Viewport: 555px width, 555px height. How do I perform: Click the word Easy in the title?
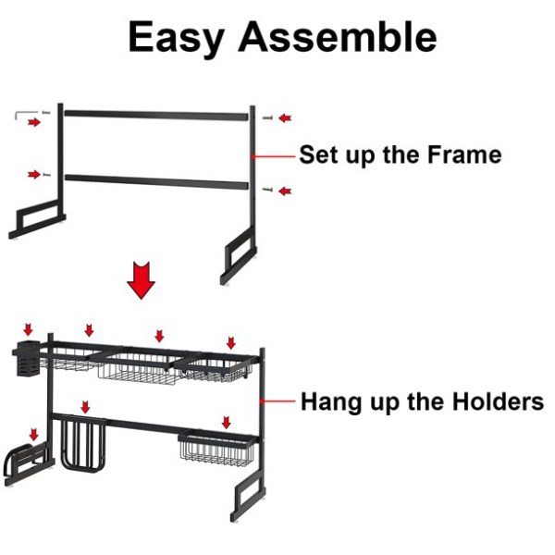click(177, 38)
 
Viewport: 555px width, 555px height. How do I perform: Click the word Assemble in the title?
click(338, 37)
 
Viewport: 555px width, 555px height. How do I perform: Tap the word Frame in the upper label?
click(464, 154)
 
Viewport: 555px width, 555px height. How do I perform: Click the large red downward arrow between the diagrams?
click(141, 280)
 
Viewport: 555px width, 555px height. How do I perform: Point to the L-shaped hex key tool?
click(26, 114)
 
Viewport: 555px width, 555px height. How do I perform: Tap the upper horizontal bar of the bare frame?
click(156, 116)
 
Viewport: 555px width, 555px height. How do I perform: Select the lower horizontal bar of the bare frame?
click(156, 180)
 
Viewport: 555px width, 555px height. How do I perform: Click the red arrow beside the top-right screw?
click(285, 117)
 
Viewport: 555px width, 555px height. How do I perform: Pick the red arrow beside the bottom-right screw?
click(285, 191)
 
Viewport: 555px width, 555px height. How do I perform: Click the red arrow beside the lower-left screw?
click(34, 174)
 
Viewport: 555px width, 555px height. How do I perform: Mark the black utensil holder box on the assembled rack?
click(26, 358)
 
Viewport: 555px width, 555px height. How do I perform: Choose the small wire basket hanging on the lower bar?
click(216, 449)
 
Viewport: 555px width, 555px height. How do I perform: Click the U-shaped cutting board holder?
click(83, 443)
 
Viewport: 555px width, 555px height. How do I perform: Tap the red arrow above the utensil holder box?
click(28, 329)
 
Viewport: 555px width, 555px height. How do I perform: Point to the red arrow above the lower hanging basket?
click(227, 423)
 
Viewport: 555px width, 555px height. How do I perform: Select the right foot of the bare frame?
click(238, 258)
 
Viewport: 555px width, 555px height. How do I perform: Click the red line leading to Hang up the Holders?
click(277, 401)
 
